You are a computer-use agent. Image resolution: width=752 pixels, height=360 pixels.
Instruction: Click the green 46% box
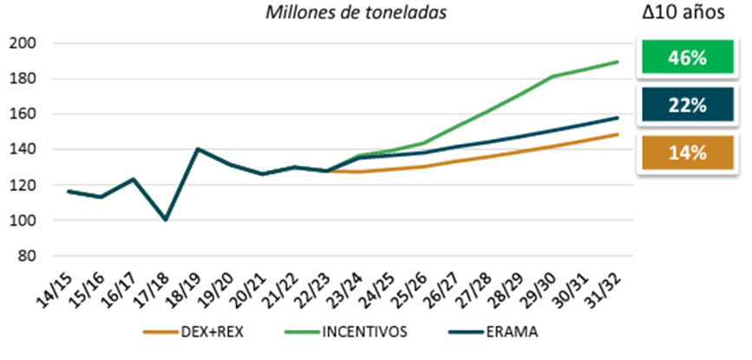coord(686,56)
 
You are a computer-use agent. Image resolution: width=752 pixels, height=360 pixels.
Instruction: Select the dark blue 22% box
coord(686,104)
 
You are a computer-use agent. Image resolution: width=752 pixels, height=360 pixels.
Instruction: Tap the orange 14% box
coord(686,153)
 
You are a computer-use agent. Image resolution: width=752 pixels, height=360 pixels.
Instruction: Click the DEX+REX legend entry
coord(193,332)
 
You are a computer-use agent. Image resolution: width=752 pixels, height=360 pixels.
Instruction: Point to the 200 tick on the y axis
coord(23,43)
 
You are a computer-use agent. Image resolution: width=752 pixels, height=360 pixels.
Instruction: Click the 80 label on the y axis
coord(28,256)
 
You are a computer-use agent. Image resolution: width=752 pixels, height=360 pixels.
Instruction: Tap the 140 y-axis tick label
coord(23,149)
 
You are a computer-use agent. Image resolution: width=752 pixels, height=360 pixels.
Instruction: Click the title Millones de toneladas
coord(356,13)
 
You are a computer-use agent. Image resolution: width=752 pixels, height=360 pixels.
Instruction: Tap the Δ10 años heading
coord(683,13)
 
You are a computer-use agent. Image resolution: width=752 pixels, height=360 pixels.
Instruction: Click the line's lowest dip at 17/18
coord(166,219)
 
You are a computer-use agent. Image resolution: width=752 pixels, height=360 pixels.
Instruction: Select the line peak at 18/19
coord(198,149)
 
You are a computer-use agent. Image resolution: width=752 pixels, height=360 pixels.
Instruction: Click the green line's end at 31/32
coord(618,62)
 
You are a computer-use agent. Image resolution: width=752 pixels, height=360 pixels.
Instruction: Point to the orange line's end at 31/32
coord(618,134)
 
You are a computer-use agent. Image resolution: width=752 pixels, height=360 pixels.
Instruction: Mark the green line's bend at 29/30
coord(553,76)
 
